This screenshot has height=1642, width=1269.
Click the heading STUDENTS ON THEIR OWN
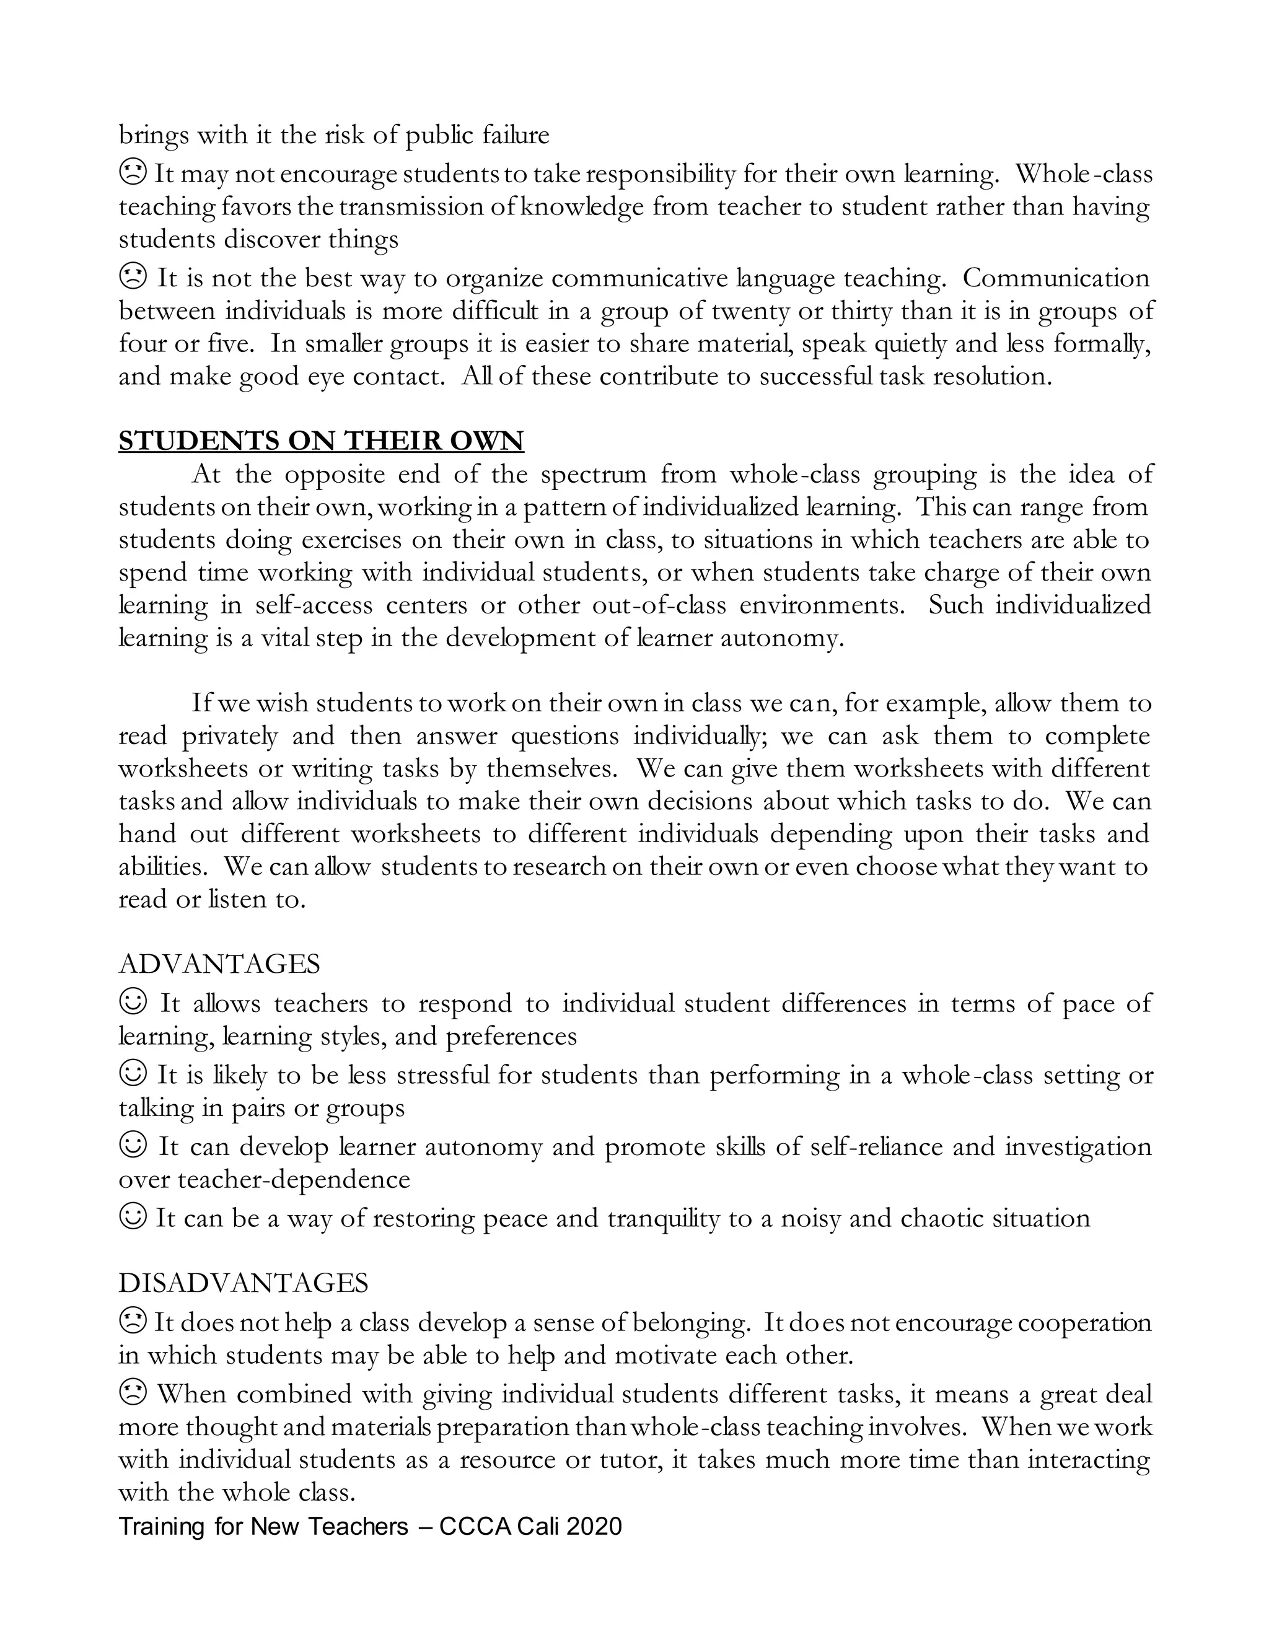(x=321, y=441)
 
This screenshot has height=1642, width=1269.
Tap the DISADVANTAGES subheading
(x=244, y=1282)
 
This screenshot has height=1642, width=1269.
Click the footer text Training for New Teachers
(x=263, y=1526)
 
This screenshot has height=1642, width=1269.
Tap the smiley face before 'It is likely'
(x=133, y=1074)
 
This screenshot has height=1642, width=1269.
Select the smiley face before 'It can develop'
(x=133, y=1146)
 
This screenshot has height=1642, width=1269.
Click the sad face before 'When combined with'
(x=133, y=1393)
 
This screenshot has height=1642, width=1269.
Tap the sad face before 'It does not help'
(x=133, y=1321)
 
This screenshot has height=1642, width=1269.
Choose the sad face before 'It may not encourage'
(x=133, y=173)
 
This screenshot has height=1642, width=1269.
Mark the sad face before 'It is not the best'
(x=133, y=278)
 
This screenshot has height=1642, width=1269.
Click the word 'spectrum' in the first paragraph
(x=593, y=475)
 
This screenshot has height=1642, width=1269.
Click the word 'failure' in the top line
(x=516, y=135)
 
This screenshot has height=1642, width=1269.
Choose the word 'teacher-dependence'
(x=294, y=1179)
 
